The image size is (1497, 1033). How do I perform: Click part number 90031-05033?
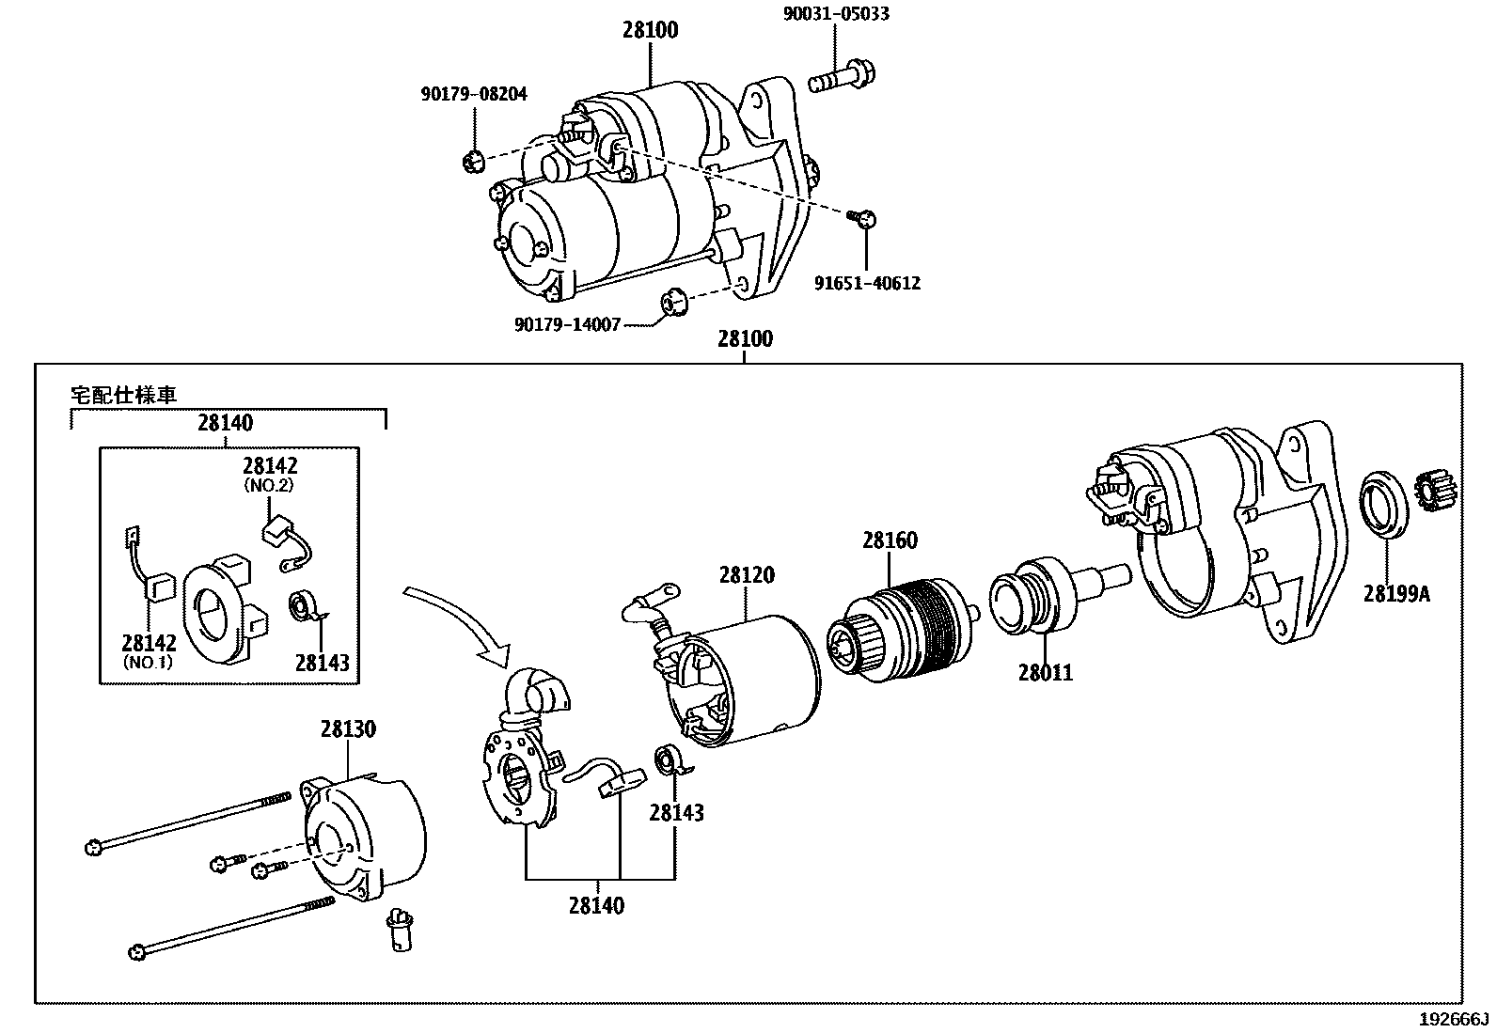836,14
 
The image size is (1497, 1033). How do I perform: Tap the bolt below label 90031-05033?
843,78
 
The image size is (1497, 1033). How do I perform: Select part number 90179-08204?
474,94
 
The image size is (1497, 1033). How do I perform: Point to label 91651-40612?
867,283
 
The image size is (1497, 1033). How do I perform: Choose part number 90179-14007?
567,324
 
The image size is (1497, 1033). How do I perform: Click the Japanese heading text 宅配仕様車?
124,396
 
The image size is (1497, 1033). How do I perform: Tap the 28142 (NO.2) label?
269,474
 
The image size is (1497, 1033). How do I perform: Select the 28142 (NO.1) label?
149,651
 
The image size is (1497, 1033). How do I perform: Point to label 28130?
348,729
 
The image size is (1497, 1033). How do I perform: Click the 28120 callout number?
747,574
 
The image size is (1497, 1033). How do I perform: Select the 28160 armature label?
890,540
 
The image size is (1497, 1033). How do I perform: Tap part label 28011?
1046,673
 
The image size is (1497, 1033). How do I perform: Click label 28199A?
1396,593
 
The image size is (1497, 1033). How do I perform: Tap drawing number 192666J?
1455,1020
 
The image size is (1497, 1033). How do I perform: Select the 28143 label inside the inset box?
323,663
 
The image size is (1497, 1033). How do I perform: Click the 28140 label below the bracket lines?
597,906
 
